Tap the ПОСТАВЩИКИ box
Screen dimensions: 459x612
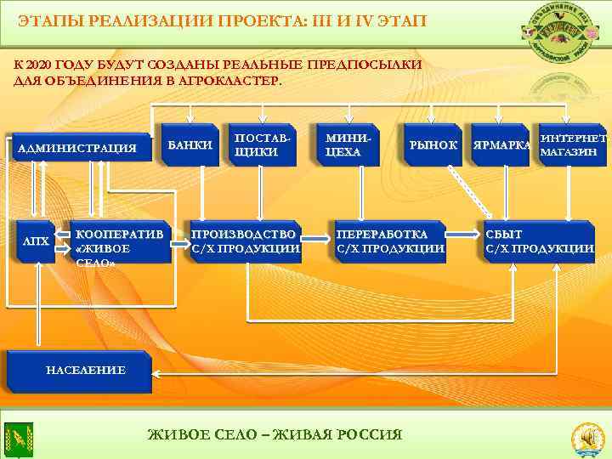click(x=263, y=145)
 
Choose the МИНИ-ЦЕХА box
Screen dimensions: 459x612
click(x=348, y=145)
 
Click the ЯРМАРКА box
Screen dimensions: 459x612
click(x=501, y=145)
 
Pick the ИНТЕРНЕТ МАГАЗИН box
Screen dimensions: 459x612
click(x=572, y=145)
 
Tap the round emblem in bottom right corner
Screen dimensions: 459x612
click(x=586, y=436)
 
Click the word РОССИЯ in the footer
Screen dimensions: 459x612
click(x=369, y=435)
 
